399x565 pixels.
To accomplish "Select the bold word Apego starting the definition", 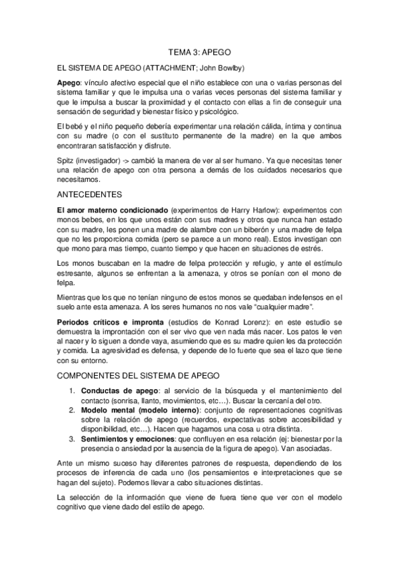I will coord(68,83).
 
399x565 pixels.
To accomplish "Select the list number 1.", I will coord(72,390).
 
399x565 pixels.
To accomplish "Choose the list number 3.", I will coord(72,440).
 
